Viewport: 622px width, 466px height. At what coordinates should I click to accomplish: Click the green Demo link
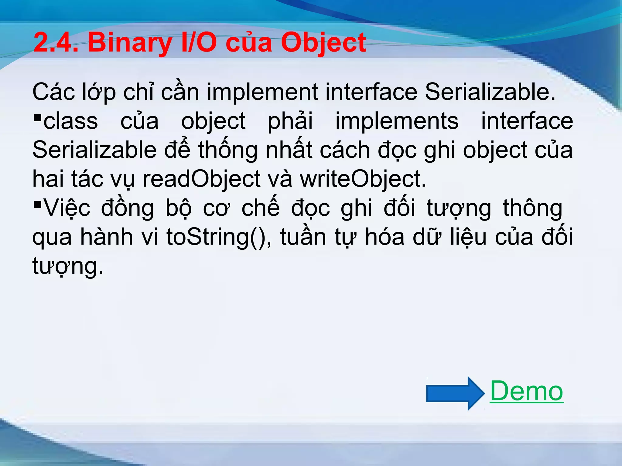(526, 391)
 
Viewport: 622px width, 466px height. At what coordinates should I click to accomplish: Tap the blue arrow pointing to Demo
(455, 393)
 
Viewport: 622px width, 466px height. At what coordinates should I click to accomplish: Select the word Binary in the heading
(130, 43)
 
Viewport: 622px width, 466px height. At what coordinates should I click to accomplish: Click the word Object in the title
(323, 43)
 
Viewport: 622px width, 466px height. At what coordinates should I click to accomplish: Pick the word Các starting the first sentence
(53, 92)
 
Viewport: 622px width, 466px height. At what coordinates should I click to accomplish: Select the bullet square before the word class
(38, 117)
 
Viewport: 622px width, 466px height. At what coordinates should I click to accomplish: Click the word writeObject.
(363, 179)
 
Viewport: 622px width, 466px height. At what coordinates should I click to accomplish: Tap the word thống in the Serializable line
(228, 150)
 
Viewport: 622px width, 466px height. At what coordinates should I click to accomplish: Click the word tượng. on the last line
(68, 266)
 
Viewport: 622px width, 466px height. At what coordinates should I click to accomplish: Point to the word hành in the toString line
(106, 237)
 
